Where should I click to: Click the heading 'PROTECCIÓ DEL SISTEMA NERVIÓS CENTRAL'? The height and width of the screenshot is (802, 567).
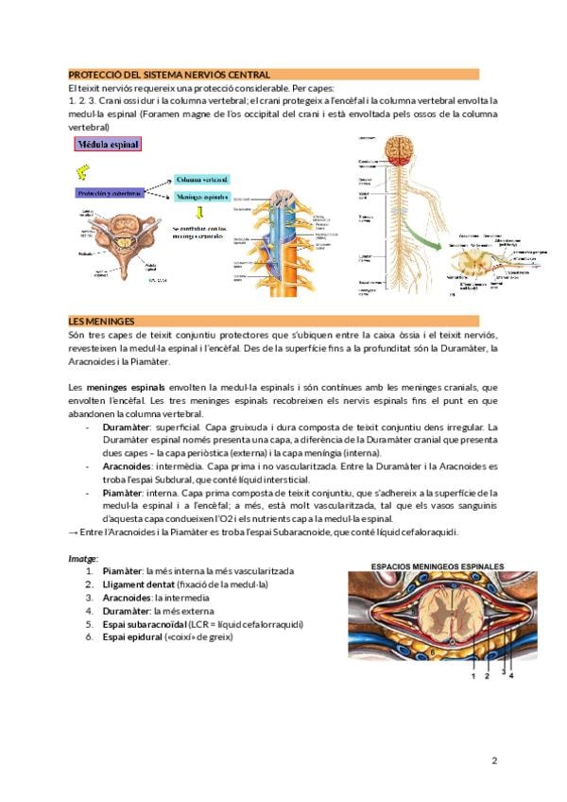tap(169, 74)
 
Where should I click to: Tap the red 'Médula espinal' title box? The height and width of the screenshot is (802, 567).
tap(109, 145)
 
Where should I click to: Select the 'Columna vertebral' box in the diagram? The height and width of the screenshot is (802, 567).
tap(203, 178)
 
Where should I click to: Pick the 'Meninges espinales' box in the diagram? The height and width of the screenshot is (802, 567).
tap(203, 198)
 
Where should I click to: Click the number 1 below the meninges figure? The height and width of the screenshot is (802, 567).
tap(472, 675)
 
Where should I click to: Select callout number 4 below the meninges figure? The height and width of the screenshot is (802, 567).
tap(511, 675)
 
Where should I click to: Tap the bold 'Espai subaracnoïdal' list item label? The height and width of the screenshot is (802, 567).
tap(146, 624)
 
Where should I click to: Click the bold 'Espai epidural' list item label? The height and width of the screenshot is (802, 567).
tap(134, 637)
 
